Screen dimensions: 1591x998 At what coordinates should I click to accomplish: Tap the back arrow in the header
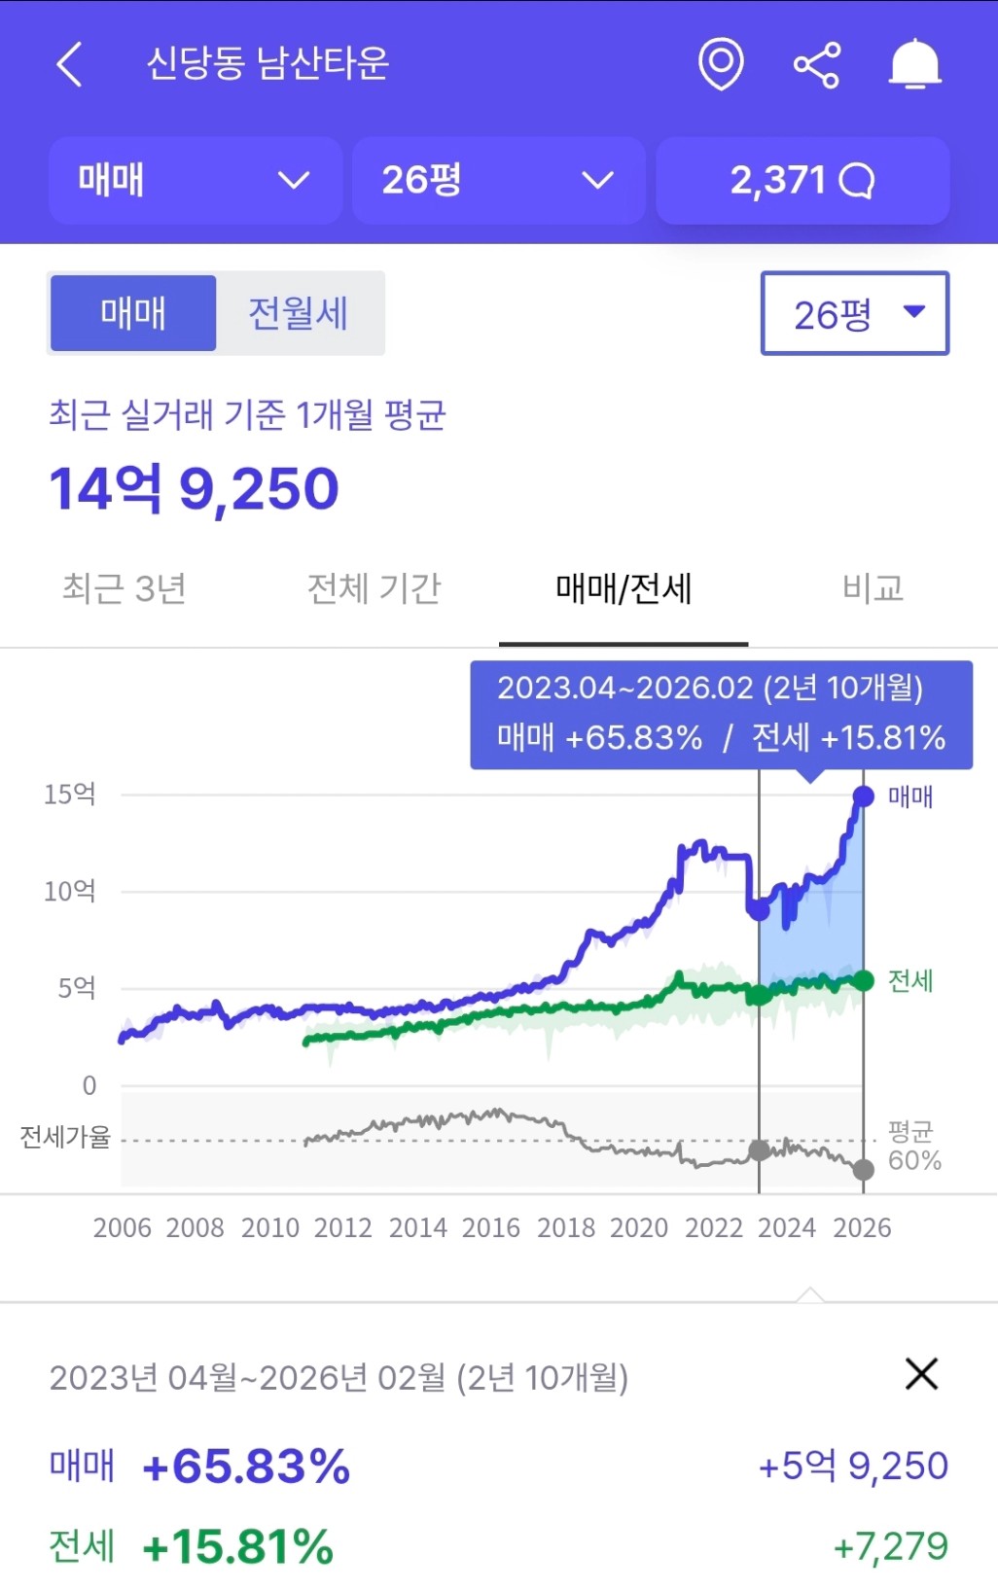pos(69,65)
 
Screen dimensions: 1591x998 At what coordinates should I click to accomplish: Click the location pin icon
pos(721,64)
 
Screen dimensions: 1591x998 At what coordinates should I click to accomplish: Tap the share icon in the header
pos(817,65)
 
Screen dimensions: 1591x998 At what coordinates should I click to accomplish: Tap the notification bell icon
pos(914,65)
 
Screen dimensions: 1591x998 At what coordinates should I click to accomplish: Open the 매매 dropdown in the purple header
pos(195,180)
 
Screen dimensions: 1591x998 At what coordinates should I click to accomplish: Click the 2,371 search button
pos(802,180)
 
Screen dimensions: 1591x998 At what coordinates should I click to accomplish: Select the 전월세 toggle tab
pos(299,313)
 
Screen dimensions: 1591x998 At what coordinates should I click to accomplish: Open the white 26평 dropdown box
pos(854,313)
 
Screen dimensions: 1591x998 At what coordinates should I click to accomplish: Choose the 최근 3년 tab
pos(125,588)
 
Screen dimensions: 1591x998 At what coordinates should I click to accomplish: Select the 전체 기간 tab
pos(374,588)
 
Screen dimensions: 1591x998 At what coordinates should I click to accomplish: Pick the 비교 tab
pos(873,588)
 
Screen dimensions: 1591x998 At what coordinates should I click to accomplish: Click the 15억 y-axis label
pos(70,795)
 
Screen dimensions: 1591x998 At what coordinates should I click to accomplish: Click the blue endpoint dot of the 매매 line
pos(863,796)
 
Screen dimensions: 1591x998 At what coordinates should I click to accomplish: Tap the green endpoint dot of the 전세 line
pos(863,980)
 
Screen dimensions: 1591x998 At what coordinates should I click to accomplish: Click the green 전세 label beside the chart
pos(910,980)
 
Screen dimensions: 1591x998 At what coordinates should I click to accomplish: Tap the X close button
pos(921,1374)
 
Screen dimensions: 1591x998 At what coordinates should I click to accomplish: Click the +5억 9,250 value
pos(853,1466)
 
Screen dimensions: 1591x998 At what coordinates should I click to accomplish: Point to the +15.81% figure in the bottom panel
pos(238,1546)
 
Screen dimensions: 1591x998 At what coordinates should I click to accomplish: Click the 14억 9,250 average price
pos(195,488)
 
